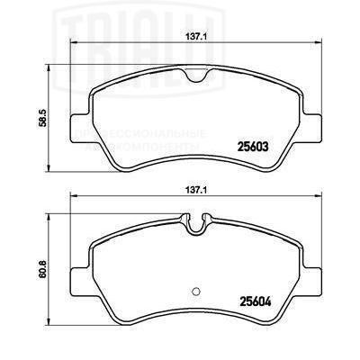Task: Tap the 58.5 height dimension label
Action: [x=55, y=117]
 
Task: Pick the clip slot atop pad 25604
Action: [x=197, y=220]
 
